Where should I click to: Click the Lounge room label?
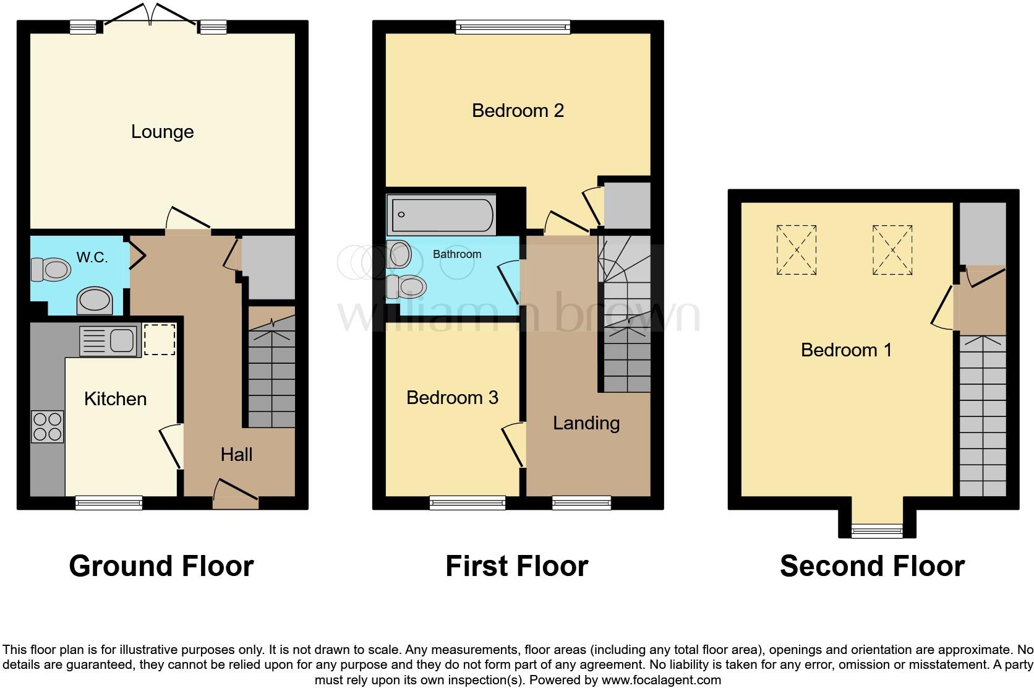(x=162, y=132)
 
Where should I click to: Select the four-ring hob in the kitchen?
(x=48, y=426)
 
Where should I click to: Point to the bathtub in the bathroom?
(x=440, y=215)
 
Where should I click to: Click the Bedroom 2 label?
(x=518, y=111)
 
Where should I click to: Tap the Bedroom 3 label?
(x=452, y=397)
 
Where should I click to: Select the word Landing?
(x=586, y=423)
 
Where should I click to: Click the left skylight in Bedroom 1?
(x=797, y=250)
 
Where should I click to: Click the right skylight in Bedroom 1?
(x=892, y=250)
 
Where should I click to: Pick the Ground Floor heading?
(x=161, y=566)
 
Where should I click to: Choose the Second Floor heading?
(x=872, y=566)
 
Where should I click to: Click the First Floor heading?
(x=516, y=566)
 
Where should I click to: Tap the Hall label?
(x=236, y=455)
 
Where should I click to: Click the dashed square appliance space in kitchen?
(x=160, y=340)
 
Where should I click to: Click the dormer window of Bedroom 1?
(x=877, y=530)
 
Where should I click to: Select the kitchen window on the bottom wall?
(x=109, y=502)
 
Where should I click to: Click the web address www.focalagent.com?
(x=661, y=681)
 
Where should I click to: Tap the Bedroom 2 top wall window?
(x=513, y=27)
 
